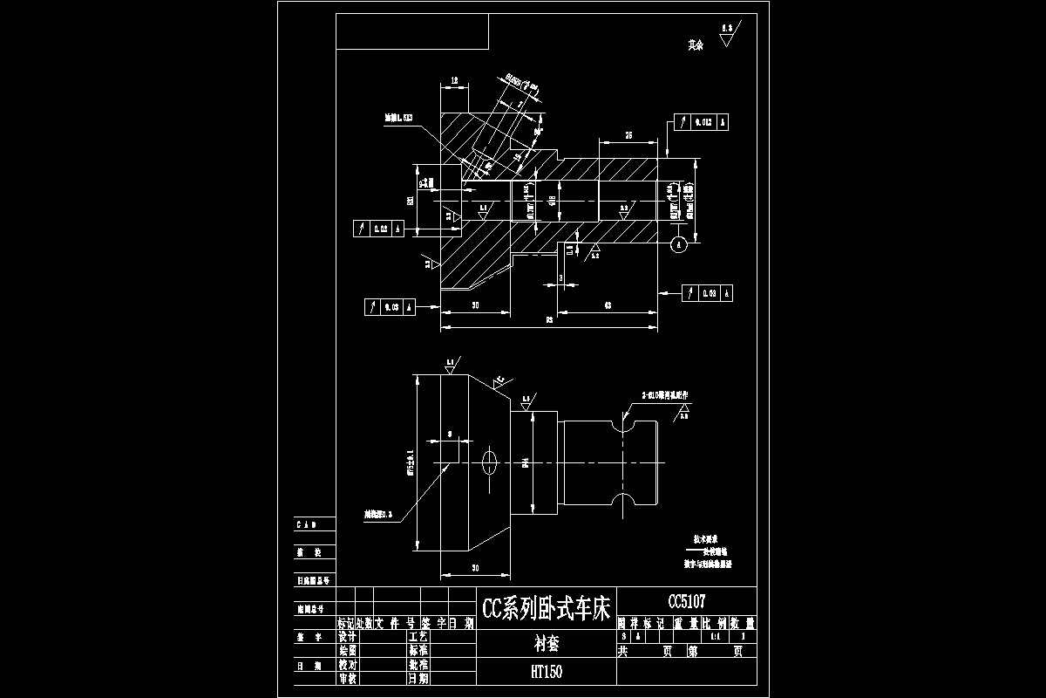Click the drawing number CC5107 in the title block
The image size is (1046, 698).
(686, 602)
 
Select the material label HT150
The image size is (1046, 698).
(547, 672)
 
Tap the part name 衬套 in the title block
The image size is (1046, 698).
(547, 645)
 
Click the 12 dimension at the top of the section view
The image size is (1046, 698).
(455, 80)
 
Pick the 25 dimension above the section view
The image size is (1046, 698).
(627, 134)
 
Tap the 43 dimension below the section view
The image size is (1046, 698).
(608, 305)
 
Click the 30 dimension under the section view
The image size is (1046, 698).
(475, 305)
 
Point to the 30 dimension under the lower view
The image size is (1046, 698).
(475, 569)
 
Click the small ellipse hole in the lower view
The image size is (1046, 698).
(489, 460)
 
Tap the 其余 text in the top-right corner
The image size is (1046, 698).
(695, 44)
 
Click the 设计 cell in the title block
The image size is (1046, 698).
(348, 638)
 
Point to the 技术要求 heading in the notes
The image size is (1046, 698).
(704, 540)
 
